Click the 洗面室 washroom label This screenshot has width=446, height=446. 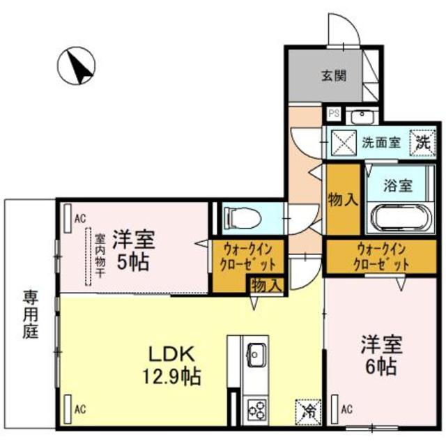[380, 142]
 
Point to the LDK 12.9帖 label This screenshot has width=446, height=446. [174, 364]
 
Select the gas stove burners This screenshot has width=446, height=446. [256, 407]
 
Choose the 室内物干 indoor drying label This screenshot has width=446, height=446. [100, 254]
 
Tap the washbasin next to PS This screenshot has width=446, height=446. [362, 116]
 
